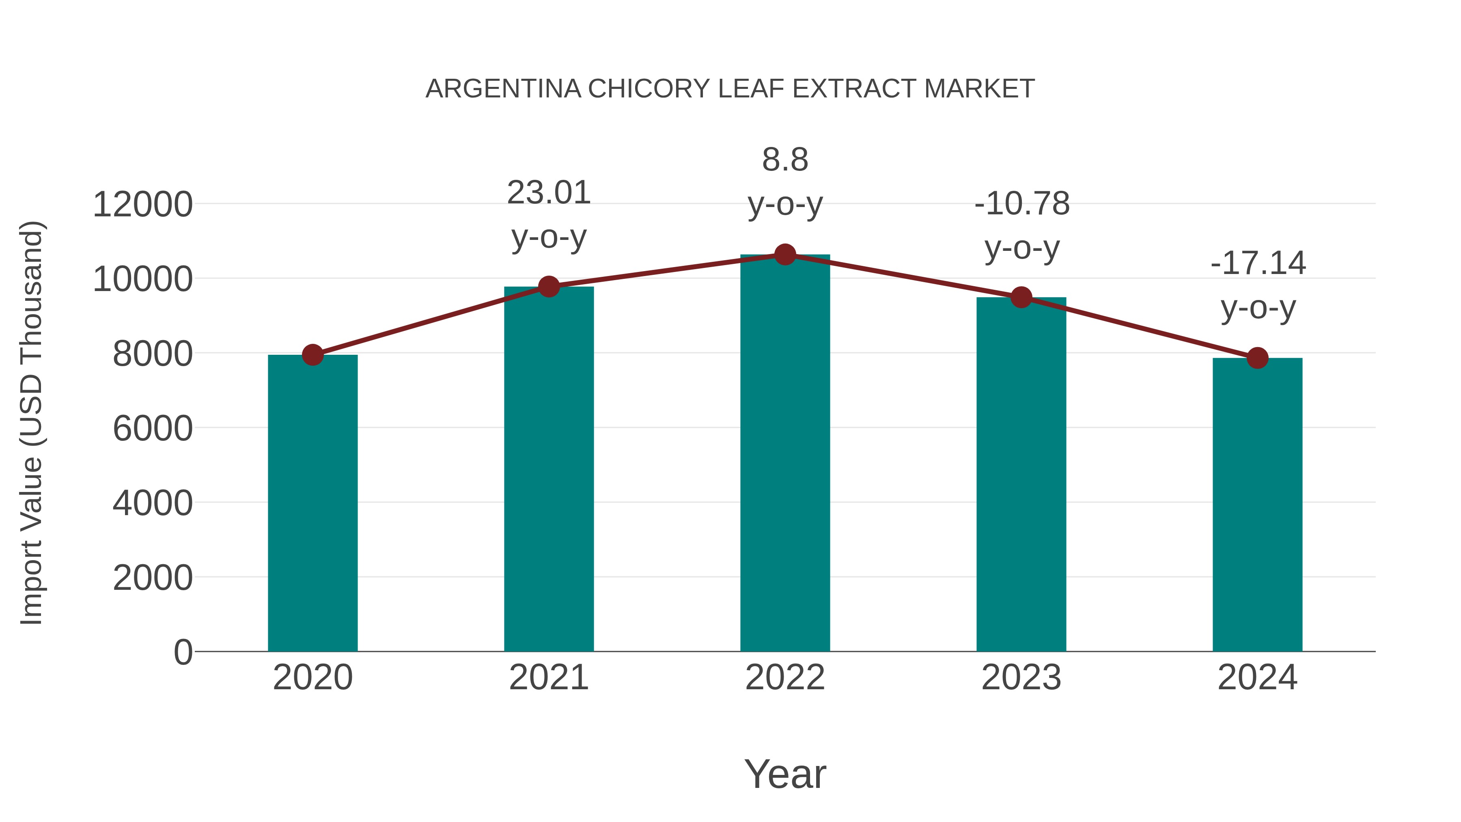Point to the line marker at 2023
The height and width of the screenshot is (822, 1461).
coord(1021,297)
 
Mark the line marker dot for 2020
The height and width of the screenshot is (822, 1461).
coord(312,355)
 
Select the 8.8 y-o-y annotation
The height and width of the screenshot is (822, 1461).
coord(785,160)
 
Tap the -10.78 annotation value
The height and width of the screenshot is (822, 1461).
coord(1022,204)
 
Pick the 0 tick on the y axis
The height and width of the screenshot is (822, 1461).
coord(183,652)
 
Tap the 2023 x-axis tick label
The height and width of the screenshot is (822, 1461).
coord(1021,677)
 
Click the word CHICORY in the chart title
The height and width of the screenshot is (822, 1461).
coord(649,89)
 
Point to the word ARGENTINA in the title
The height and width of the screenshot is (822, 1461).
coord(503,89)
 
